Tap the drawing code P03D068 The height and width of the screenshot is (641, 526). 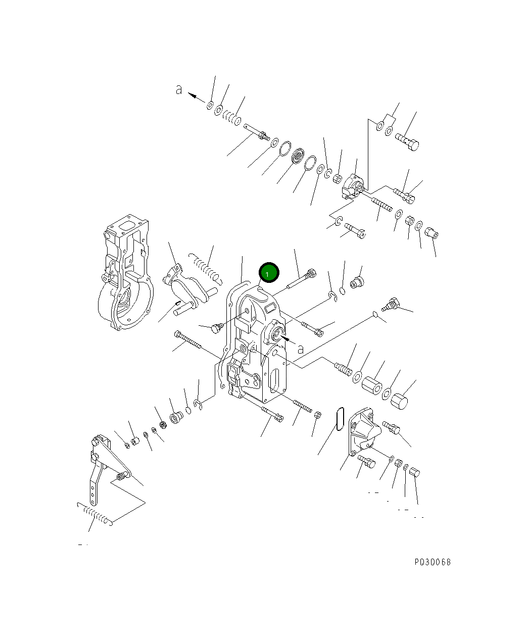[433, 562]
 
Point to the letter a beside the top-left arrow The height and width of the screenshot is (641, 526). [178, 90]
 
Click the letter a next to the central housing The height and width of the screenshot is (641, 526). [300, 349]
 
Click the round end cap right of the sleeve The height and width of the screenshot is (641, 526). [400, 402]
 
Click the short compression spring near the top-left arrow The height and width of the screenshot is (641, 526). [233, 118]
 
